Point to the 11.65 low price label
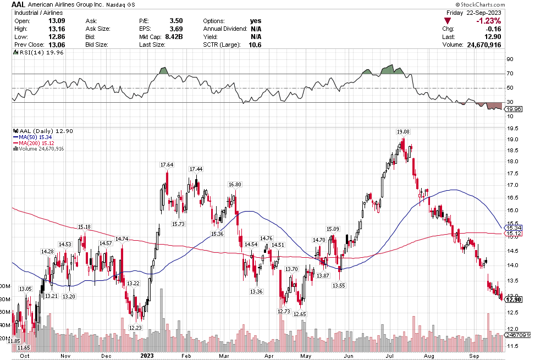(x=23, y=348)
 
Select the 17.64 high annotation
(x=167, y=164)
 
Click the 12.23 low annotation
(x=135, y=328)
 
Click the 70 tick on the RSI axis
(x=510, y=74)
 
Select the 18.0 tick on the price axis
(x=511, y=162)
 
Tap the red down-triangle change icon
(x=447, y=20)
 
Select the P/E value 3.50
(x=176, y=20)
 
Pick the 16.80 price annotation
(x=235, y=185)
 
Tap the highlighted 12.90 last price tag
(x=515, y=300)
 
